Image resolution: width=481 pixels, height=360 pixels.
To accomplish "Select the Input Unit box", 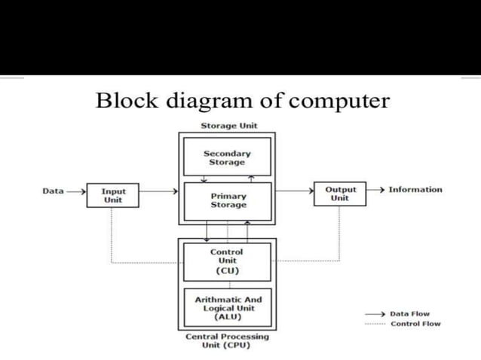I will (x=112, y=195).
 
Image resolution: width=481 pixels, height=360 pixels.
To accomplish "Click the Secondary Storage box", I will (x=227, y=157).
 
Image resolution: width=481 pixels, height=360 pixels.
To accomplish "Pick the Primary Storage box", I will (x=228, y=200).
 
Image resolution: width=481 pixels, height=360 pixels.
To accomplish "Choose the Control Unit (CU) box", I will (x=227, y=261).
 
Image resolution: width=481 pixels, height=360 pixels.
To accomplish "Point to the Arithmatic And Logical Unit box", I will (x=228, y=308).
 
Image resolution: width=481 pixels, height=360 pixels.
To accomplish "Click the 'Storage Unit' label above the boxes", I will (x=228, y=125).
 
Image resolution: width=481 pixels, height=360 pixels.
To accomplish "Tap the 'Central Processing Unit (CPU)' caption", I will (x=227, y=341).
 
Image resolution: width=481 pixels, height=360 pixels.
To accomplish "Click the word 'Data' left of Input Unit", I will (x=53, y=191).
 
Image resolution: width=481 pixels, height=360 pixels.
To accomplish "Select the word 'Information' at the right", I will (x=415, y=190).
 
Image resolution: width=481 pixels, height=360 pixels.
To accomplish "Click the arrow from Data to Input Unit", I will (x=76, y=191).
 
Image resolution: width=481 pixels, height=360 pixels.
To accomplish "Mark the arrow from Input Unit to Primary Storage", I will (x=158, y=191).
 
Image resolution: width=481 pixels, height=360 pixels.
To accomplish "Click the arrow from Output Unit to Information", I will (x=375, y=190).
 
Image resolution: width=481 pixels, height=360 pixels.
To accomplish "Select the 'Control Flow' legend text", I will (x=415, y=324).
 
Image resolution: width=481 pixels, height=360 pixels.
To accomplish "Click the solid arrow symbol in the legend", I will (x=375, y=314).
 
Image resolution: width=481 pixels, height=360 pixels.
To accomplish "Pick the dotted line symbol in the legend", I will (x=375, y=324).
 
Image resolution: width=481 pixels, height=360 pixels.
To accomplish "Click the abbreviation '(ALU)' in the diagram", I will (x=228, y=317).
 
